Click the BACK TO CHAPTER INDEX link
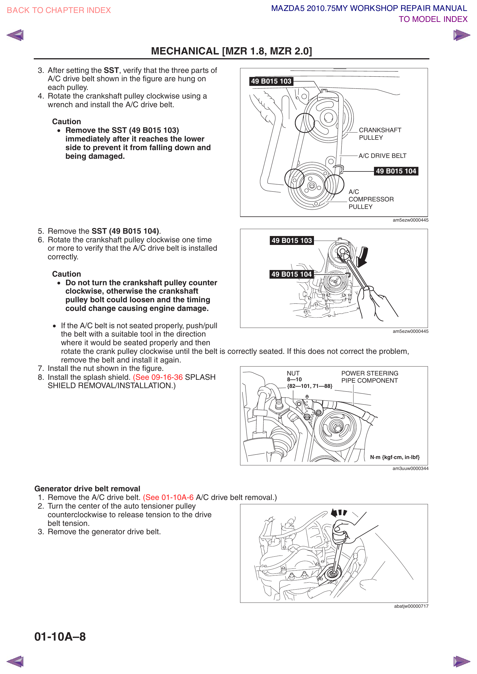point(59,10)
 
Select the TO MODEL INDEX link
point(433,19)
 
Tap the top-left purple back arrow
point(15,35)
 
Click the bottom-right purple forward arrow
point(461,661)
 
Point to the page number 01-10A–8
point(60,637)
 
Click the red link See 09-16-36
point(158,377)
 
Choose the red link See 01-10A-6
point(168,497)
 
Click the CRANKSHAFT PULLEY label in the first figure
point(380,134)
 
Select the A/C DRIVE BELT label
point(382,156)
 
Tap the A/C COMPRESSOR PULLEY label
point(371,199)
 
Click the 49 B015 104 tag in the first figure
point(396,171)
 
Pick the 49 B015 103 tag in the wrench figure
point(291,241)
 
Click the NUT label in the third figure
point(293,373)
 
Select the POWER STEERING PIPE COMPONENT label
point(369,377)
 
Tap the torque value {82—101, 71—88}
point(309,386)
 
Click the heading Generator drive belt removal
point(87,489)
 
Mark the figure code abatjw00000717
point(411,606)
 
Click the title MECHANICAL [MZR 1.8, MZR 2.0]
point(231,51)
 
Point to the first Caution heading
point(66,122)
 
